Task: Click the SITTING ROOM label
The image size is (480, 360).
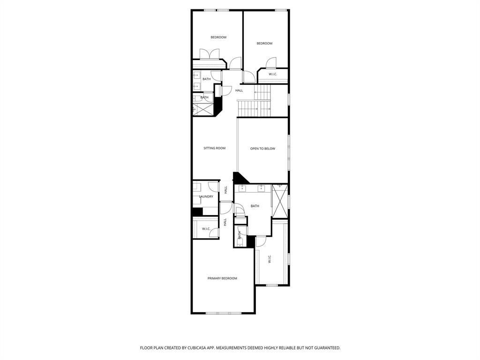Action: click(x=214, y=148)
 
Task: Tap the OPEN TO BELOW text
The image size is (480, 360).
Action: click(x=262, y=149)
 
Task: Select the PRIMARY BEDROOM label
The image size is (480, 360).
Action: click(x=222, y=278)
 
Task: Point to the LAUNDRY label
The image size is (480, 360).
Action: click(x=206, y=196)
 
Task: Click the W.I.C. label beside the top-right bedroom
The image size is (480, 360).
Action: click(x=273, y=74)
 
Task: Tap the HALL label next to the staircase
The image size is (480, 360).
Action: click(x=239, y=90)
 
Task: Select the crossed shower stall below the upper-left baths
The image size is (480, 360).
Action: click(x=203, y=109)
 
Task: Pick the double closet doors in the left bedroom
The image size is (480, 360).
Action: click(x=207, y=54)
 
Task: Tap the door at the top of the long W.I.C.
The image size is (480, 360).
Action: click(x=261, y=241)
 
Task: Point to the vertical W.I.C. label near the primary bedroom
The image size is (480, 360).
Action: click(x=270, y=259)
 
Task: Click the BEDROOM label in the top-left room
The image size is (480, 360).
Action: click(x=218, y=37)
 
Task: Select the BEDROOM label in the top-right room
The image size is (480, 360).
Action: click(x=264, y=44)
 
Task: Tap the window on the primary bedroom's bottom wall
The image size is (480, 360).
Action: click(x=223, y=313)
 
